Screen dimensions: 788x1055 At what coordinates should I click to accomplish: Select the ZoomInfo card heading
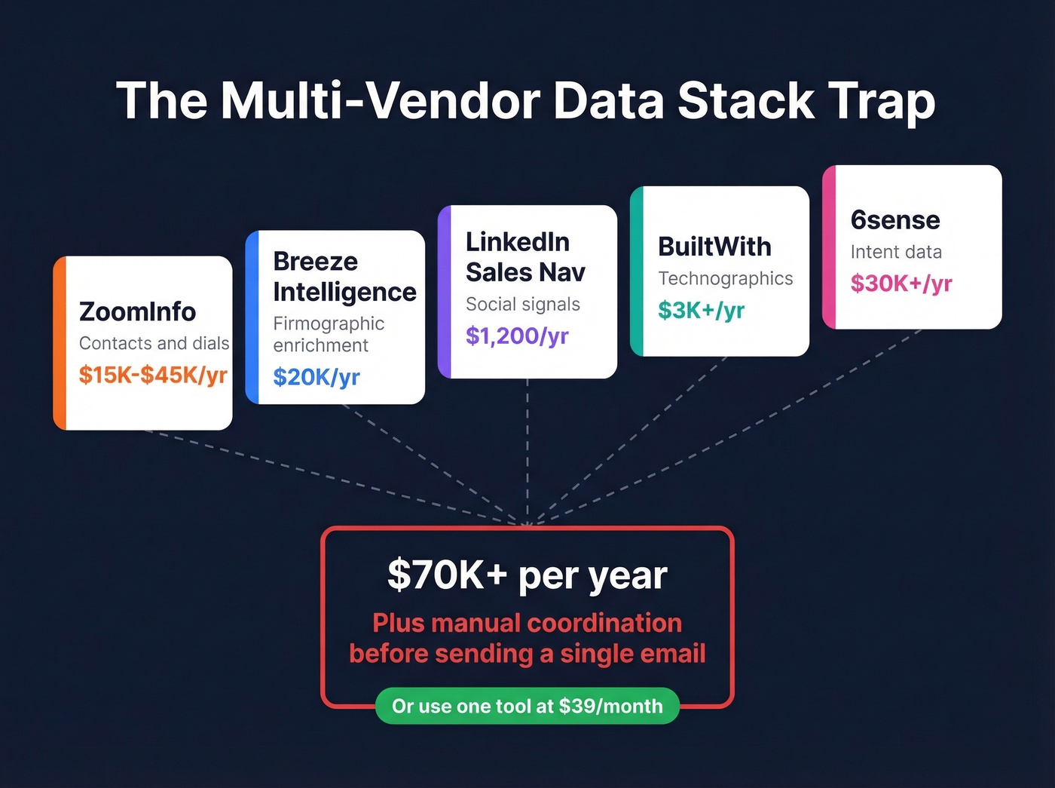(137, 311)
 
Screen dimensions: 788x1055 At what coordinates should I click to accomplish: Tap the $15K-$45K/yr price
(153, 375)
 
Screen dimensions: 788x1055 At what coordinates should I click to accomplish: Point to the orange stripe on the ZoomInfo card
(60, 343)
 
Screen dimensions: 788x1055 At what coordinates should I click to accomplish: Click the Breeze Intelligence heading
(344, 277)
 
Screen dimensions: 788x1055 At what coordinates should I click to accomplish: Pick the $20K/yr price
(316, 377)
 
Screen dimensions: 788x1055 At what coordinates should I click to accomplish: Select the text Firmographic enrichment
(329, 334)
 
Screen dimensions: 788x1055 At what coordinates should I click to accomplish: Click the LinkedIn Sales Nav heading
(525, 257)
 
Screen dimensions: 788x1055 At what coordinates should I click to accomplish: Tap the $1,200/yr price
(517, 336)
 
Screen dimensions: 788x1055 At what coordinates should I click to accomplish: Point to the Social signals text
(523, 305)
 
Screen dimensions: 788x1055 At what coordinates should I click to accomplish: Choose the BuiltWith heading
(714, 247)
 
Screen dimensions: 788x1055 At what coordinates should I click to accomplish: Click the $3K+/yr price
(701, 310)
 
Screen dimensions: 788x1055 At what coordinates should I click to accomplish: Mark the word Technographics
(725, 279)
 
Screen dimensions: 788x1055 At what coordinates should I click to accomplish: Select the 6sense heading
(895, 220)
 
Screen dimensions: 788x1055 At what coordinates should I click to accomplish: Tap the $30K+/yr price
(901, 284)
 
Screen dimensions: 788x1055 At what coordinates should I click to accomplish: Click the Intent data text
(896, 252)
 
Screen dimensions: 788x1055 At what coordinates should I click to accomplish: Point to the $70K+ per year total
(527, 575)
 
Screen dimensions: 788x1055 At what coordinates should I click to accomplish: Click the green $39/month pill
(527, 707)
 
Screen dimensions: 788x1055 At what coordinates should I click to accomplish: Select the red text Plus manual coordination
(527, 624)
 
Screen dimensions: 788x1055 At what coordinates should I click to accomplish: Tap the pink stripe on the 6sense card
(829, 247)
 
